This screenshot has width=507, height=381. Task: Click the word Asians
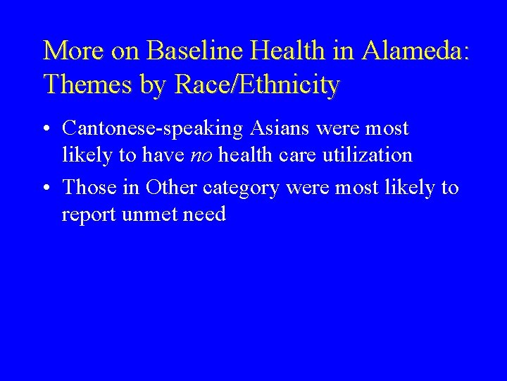[x=288, y=128]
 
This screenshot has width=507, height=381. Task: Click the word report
[x=89, y=214]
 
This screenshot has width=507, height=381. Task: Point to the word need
[x=206, y=214]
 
